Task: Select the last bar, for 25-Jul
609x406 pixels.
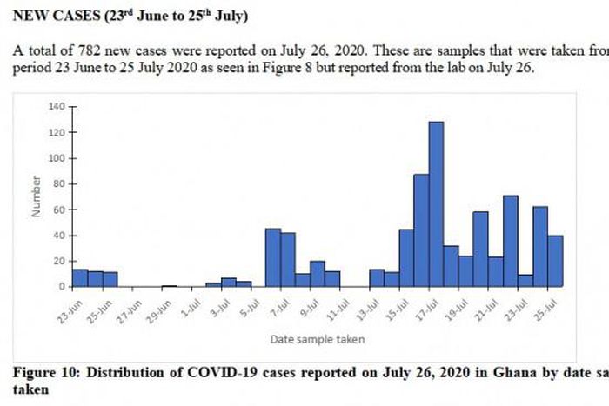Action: (555, 261)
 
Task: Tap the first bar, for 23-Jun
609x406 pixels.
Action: (79, 277)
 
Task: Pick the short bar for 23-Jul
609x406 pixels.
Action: (525, 281)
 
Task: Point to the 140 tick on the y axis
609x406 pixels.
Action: (57, 106)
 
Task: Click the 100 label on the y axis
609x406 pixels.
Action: (57, 158)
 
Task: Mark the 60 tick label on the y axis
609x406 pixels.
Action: (58, 210)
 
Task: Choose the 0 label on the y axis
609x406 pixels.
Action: (62, 287)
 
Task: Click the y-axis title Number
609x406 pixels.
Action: (37, 196)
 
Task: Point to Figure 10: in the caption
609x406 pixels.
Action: (48, 373)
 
